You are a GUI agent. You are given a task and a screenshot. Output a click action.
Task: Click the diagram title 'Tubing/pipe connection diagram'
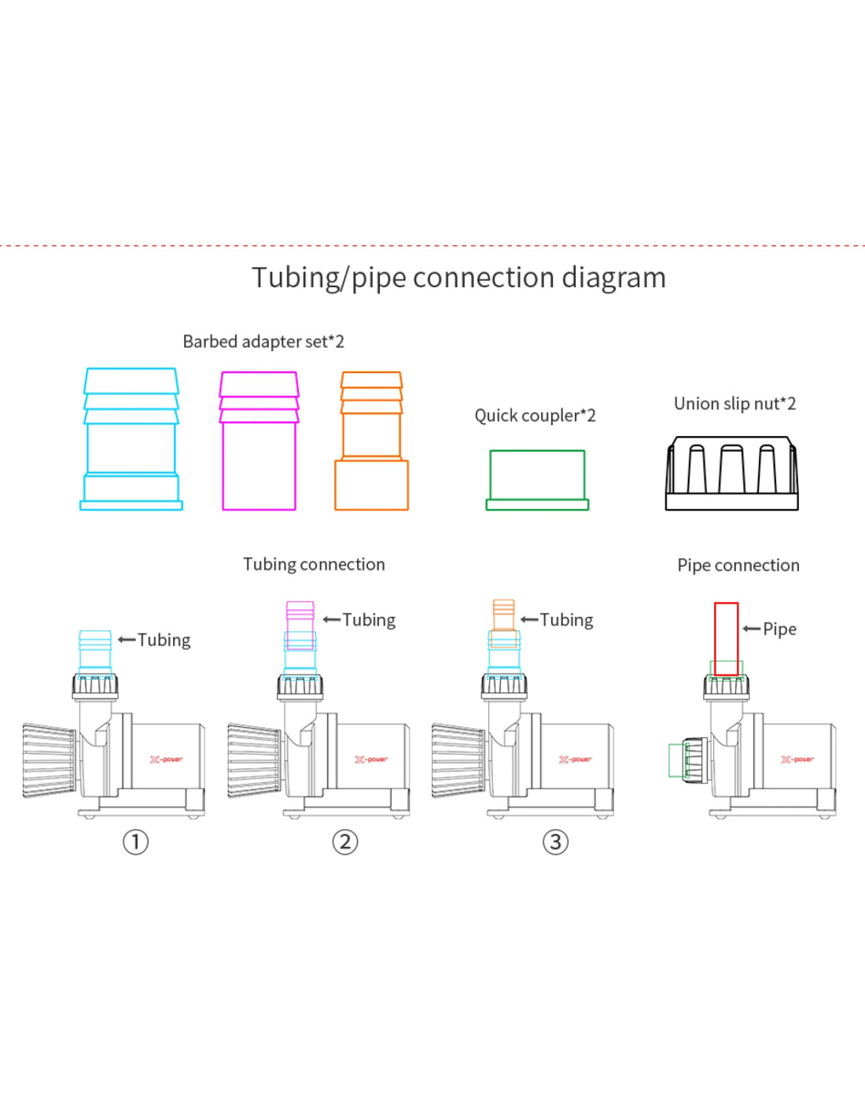click(x=458, y=278)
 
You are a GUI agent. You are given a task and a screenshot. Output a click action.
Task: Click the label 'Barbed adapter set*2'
click(x=263, y=342)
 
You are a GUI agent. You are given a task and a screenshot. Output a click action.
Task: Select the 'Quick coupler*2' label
click(x=536, y=415)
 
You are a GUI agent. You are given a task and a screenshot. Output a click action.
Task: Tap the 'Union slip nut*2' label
click(x=734, y=404)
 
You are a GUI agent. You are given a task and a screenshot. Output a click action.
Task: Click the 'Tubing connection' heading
click(x=314, y=564)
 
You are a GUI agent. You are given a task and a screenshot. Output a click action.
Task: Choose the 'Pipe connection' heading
click(x=738, y=566)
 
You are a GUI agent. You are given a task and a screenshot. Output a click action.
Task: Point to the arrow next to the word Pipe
click(x=751, y=629)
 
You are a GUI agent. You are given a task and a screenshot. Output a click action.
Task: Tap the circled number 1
click(x=136, y=842)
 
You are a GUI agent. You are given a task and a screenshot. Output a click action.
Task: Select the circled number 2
click(x=344, y=842)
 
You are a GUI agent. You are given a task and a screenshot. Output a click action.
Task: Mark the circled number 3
click(x=556, y=842)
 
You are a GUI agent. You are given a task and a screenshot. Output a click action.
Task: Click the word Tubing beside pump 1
click(x=164, y=640)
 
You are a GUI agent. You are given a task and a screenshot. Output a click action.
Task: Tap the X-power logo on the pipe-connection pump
click(x=797, y=759)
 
